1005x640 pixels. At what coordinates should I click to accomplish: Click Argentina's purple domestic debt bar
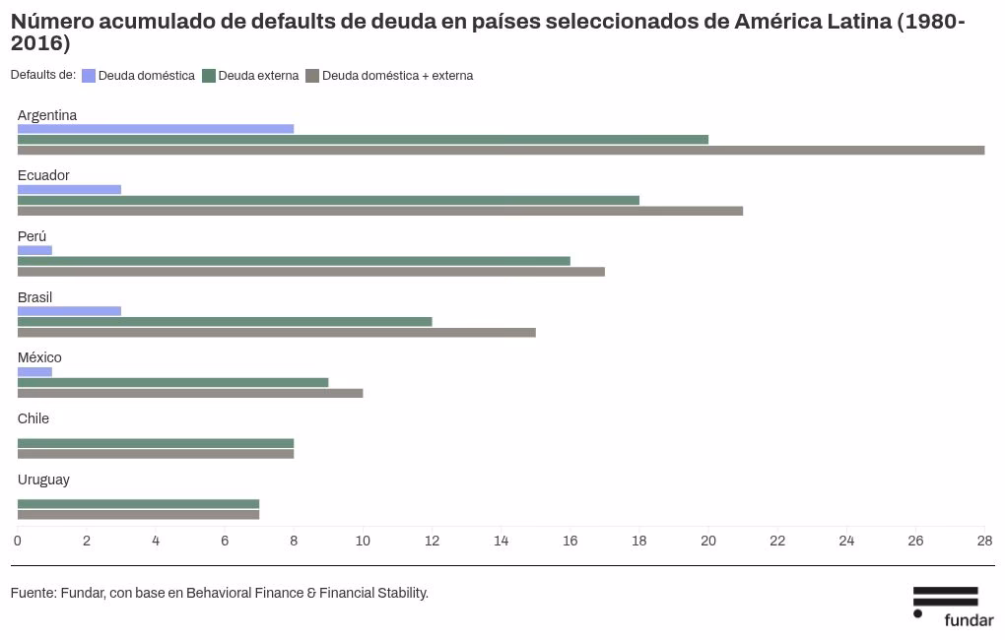[156, 129]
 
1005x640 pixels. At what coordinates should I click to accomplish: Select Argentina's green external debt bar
[363, 140]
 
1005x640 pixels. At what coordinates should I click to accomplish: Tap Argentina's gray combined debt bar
[501, 151]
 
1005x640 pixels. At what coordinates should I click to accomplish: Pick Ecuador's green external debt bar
[328, 200]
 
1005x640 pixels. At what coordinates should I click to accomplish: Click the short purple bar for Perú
[34, 250]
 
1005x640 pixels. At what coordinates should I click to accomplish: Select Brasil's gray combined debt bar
[276, 332]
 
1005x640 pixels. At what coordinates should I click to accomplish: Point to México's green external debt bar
[172, 382]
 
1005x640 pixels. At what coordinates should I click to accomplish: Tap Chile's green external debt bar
[156, 443]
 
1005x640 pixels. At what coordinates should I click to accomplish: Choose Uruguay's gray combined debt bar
[138, 514]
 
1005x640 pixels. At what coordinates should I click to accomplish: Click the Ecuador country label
[43, 175]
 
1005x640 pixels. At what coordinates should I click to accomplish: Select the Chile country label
[33, 418]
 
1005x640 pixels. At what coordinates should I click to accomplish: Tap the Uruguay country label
[43, 480]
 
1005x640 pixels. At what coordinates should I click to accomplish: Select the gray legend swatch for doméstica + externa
[312, 76]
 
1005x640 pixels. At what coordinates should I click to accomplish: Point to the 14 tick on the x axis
[501, 541]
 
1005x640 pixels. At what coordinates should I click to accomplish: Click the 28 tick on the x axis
[983, 541]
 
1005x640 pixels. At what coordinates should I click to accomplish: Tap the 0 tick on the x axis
[18, 541]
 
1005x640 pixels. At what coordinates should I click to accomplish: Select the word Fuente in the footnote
[33, 593]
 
